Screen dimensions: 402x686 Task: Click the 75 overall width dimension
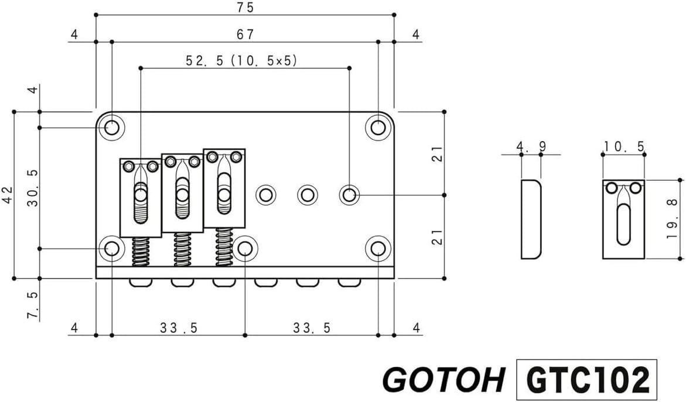[245, 8]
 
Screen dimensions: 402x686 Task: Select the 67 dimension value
[245, 35]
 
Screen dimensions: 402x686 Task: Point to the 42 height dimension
[6, 194]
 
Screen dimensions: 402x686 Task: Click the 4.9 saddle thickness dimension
[530, 146]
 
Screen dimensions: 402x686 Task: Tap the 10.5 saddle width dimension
[623, 146]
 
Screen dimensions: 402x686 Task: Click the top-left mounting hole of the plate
[111, 127]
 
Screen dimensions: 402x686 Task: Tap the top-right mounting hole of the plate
[378, 127]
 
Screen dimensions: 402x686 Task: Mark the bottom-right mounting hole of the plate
[378, 249]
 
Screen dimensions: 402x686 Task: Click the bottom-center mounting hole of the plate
[245, 249]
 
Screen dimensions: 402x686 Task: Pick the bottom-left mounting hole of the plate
[111, 249]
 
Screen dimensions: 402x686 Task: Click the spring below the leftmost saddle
[141, 252]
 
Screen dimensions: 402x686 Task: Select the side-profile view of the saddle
[530, 219]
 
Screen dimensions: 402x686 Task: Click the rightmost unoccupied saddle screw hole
[350, 194]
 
